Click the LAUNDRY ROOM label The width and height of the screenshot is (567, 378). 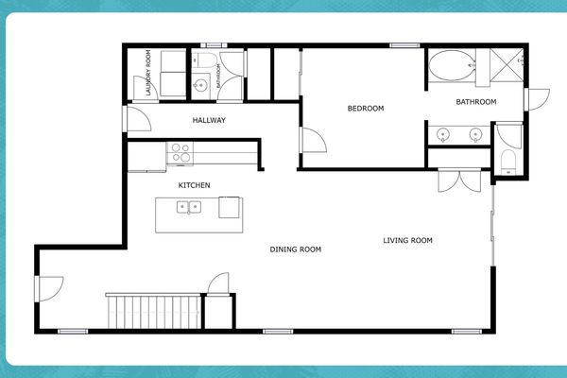coord(149,73)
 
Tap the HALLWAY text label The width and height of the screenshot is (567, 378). coord(208,120)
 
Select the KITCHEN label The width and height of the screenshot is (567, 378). coord(194,185)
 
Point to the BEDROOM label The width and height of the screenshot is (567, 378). coord(366,109)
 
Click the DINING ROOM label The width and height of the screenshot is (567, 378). coord(296,249)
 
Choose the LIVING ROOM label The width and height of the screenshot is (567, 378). coord(407,240)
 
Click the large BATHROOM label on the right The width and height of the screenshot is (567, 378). coord(475,102)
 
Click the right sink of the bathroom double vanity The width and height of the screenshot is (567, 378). coord(475,135)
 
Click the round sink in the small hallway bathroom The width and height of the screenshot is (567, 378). coord(199,87)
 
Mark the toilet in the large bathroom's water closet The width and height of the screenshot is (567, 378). coord(508,160)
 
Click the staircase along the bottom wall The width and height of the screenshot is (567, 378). coord(153,311)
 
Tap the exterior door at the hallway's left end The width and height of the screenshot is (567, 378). coord(134,118)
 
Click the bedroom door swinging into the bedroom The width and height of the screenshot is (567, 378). coord(311,139)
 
